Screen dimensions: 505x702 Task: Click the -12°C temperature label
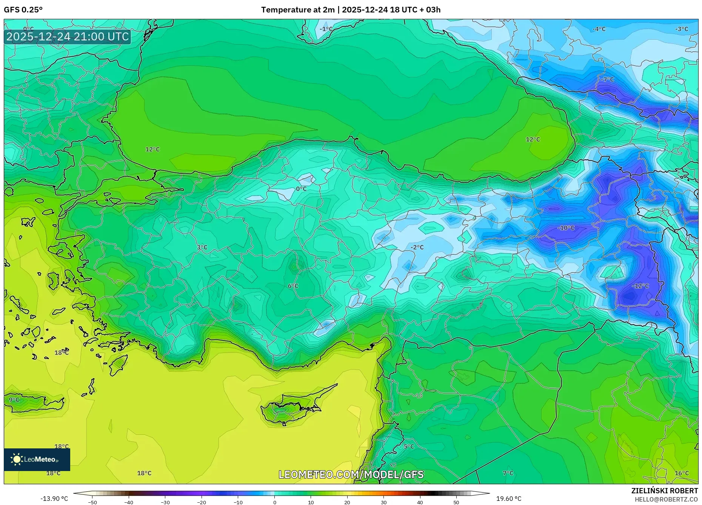point(640,286)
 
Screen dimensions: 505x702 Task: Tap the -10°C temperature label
point(566,228)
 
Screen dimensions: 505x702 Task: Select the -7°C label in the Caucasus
point(607,80)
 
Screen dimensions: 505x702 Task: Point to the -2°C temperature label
point(417,247)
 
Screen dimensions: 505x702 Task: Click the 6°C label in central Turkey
point(293,286)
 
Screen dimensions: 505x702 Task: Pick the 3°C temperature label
point(202,248)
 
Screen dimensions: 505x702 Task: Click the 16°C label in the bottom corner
point(682,473)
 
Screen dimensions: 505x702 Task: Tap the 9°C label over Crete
point(14,400)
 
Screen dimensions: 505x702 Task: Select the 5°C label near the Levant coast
point(409,446)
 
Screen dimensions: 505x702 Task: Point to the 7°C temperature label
point(508,473)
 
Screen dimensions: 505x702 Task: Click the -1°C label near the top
point(326,29)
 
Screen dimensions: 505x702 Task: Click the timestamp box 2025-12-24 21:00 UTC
point(68,37)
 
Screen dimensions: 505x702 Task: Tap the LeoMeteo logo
point(37,459)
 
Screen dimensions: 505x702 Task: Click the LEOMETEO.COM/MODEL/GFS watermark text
point(351,474)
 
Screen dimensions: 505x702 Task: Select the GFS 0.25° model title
point(23,10)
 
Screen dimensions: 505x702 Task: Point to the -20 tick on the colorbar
point(202,502)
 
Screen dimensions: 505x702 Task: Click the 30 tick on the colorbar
point(383,502)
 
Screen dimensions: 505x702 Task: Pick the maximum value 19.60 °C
point(508,499)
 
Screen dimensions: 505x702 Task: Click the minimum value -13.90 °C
point(54,499)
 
